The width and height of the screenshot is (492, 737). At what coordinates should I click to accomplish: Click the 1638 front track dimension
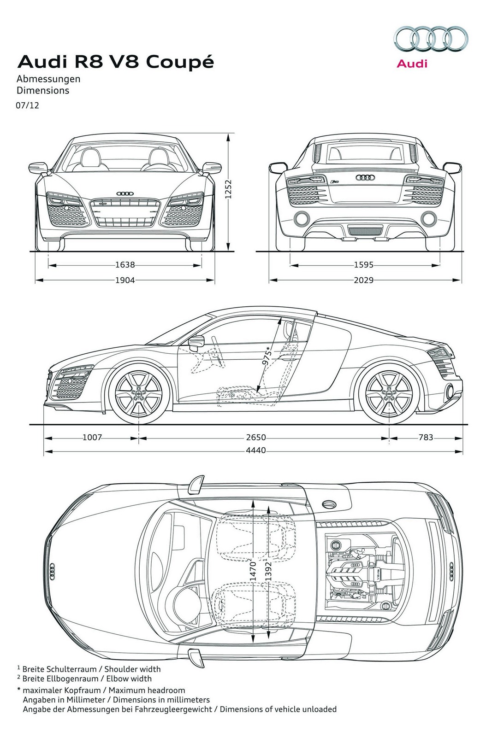pos(125,265)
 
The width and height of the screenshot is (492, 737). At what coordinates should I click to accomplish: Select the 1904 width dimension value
pos(125,280)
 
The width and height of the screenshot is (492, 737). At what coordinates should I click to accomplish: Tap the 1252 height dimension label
pos(227,189)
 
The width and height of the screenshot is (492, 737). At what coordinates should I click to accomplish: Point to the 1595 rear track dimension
pos(363,265)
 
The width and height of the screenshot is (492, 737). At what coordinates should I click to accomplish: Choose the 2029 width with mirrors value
pos(363,280)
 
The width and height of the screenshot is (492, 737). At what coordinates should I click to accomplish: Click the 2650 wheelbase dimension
pos(256,437)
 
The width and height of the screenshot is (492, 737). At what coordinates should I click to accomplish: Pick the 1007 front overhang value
pos(92,437)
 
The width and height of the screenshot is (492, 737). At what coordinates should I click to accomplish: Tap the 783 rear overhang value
pos(426,437)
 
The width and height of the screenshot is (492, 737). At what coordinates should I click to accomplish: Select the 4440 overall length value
pos(255,450)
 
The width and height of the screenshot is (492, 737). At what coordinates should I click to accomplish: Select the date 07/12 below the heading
pos(28,105)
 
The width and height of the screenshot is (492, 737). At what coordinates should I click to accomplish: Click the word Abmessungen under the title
pos(48,79)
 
